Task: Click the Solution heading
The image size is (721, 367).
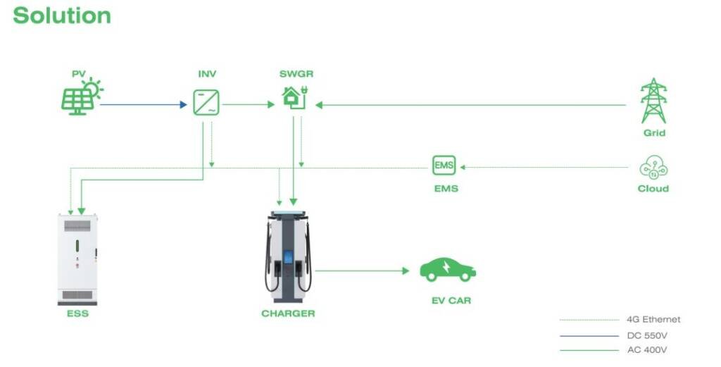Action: [x=62, y=15]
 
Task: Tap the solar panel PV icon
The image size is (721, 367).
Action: [x=82, y=97]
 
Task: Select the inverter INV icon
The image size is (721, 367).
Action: [x=206, y=103]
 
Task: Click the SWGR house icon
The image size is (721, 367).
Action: [x=294, y=97]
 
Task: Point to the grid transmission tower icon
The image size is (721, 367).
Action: [x=653, y=101]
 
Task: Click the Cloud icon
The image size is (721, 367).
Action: [x=653, y=168]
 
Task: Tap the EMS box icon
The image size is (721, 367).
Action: [x=444, y=166]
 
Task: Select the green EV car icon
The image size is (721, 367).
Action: [x=448, y=270]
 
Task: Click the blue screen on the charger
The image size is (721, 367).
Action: [x=288, y=257]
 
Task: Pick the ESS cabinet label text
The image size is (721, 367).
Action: [x=77, y=313]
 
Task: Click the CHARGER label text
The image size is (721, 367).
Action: [x=288, y=313]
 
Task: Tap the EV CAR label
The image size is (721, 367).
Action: [x=451, y=301]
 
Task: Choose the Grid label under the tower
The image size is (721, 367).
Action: [x=654, y=133]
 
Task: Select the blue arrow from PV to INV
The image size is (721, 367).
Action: [x=144, y=105]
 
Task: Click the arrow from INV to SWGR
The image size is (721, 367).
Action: [x=249, y=105]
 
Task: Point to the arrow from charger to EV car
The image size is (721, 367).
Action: [x=363, y=271]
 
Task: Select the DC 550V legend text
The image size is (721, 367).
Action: [x=647, y=336]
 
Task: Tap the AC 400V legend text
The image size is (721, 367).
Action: [x=647, y=350]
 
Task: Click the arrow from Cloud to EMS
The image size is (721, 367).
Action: [x=544, y=168]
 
